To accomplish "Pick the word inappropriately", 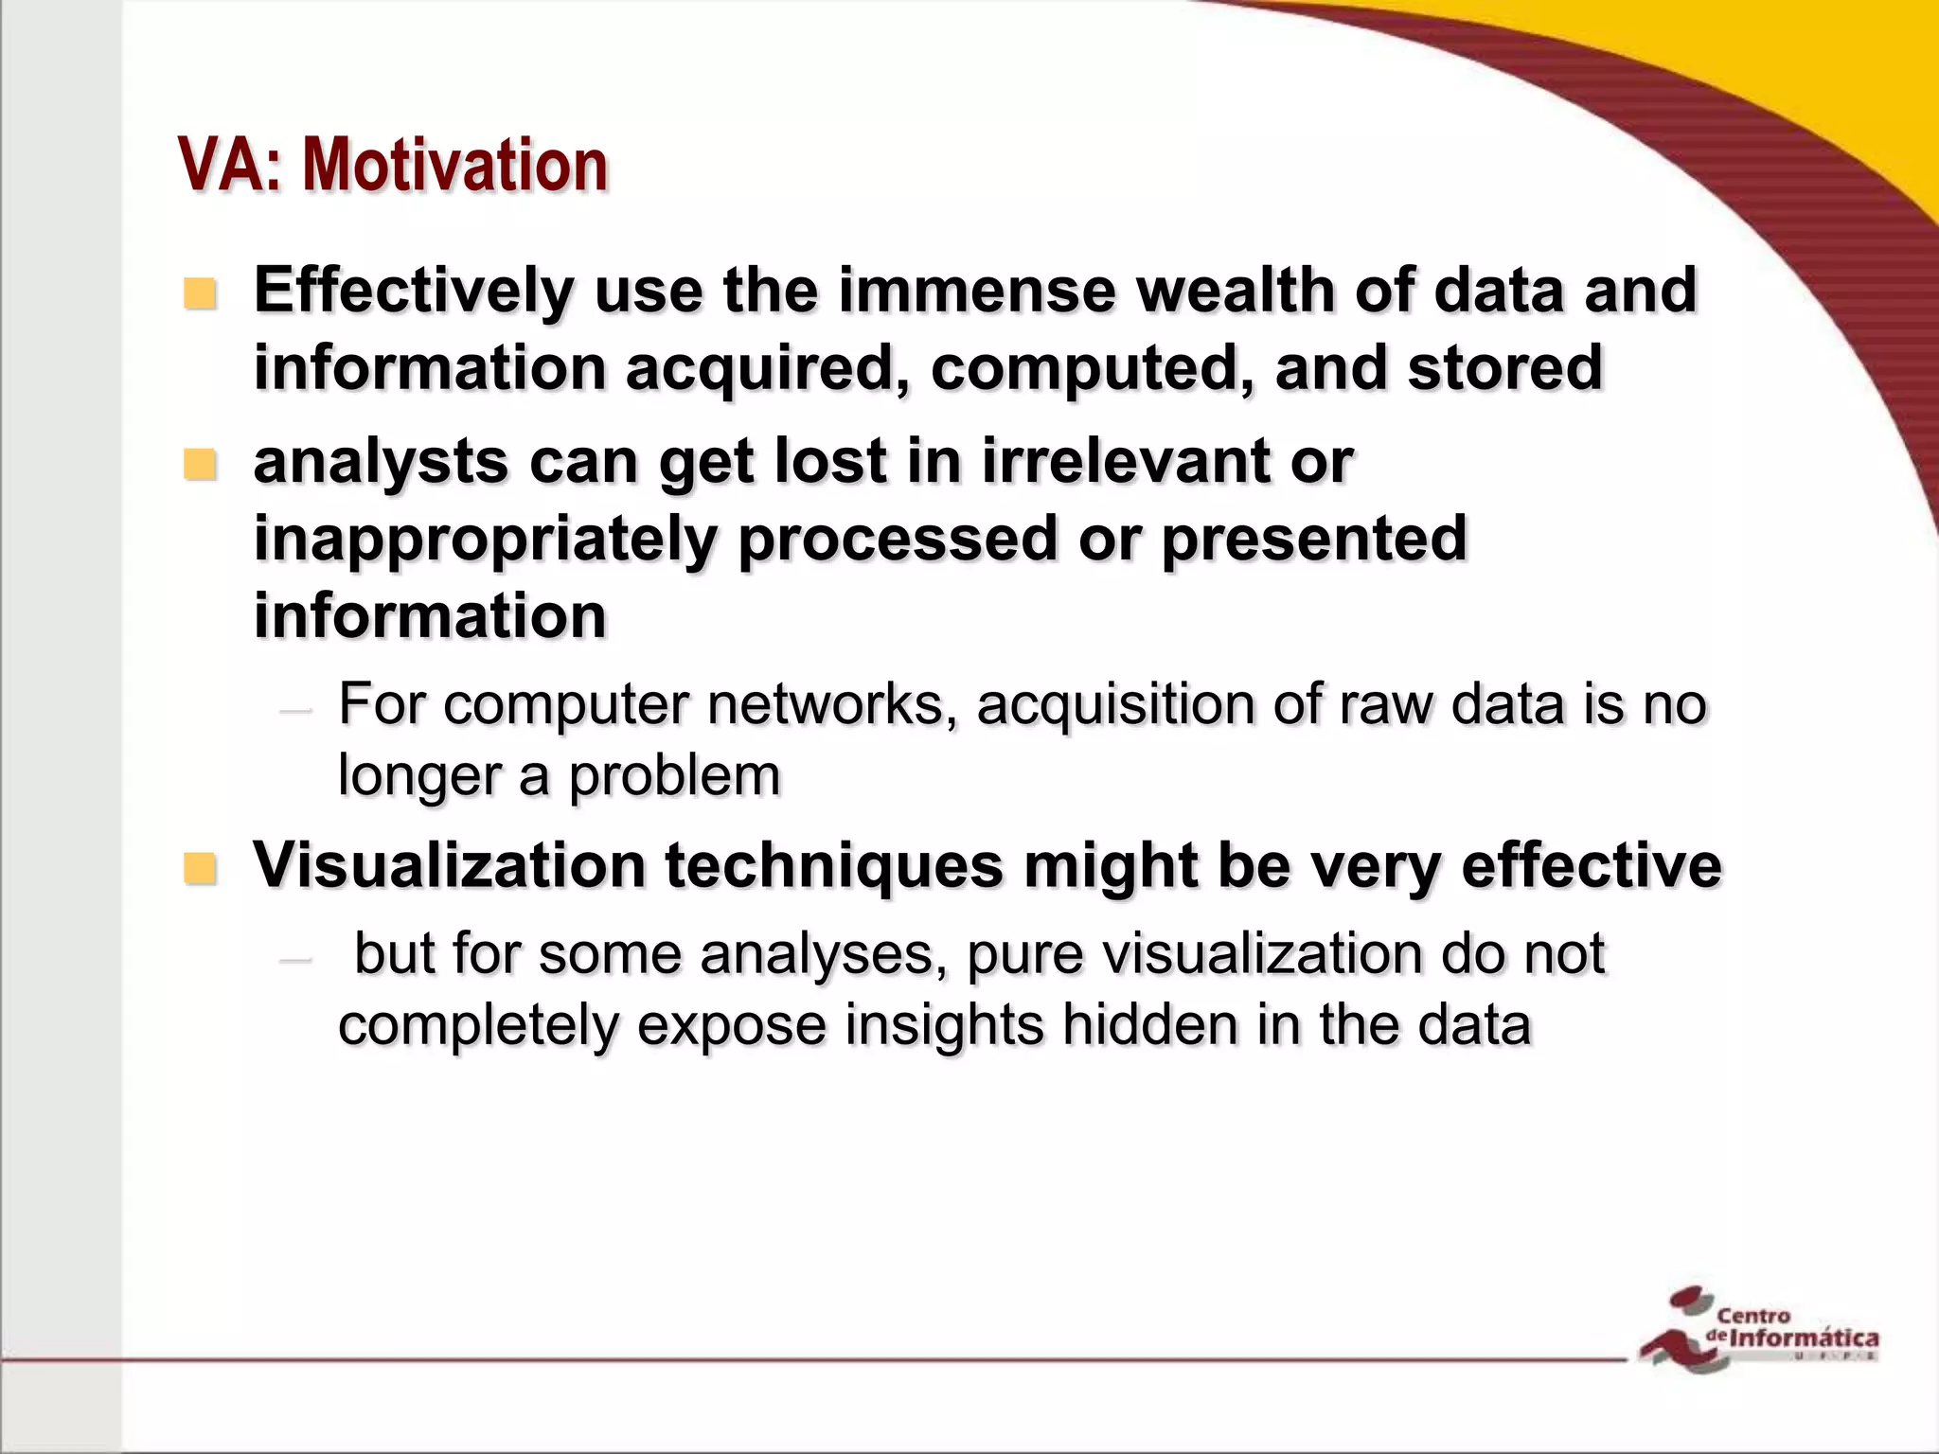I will pos(484,540).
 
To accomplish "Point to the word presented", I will pos(1314,540).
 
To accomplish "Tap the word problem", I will pos(674,776).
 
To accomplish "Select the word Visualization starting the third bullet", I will pos(449,865).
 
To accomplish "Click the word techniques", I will pos(834,865).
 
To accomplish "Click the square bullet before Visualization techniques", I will pos(200,867).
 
